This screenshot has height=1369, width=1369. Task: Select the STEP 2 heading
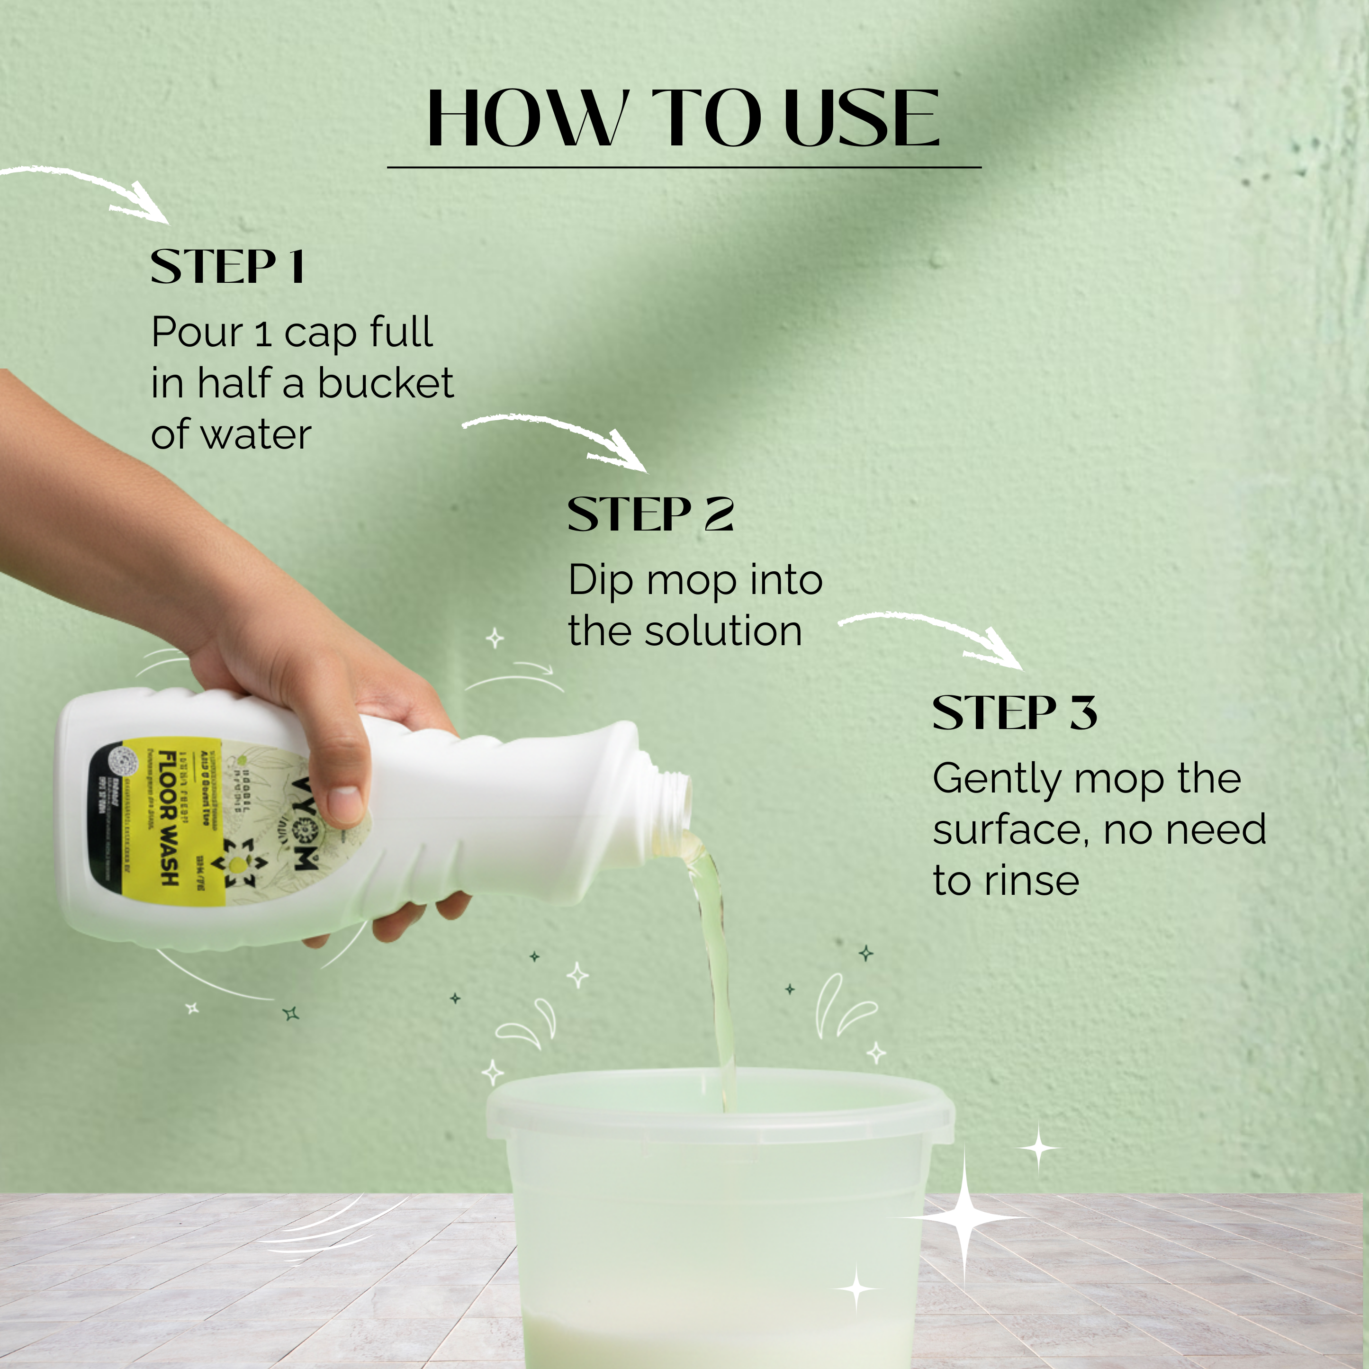click(x=650, y=514)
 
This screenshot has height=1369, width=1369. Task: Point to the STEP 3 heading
click(x=1014, y=713)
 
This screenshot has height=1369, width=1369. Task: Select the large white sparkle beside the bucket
click(x=964, y=1217)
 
